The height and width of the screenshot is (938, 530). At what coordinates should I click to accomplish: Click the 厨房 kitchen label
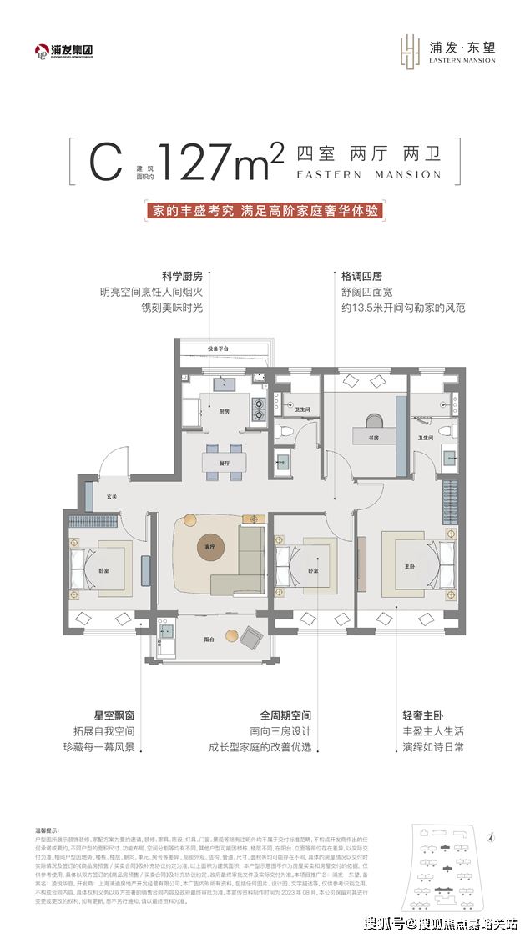[x=224, y=411]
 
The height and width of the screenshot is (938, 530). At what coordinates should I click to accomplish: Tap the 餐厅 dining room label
[x=224, y=462]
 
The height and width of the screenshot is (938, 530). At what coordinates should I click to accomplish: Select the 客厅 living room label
[x=198, y=548]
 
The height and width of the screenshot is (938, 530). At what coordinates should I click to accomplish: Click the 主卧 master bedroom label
[x=410, y=567]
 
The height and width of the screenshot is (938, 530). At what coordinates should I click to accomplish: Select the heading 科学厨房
[x=182, y=274]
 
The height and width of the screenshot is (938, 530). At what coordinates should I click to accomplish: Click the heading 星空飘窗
[x=111, y=715]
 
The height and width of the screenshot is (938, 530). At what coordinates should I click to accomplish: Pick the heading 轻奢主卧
[x=421, y=715]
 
